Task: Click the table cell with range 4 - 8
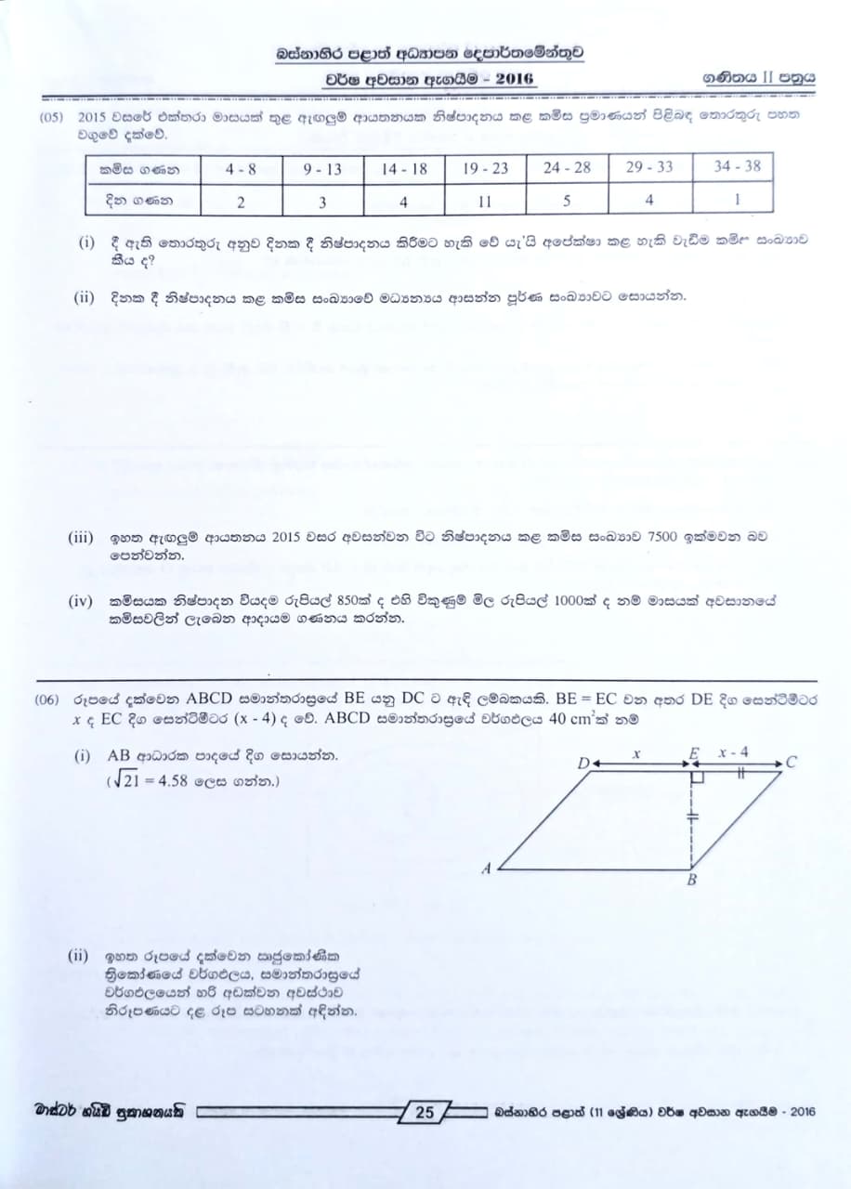pos(241,169)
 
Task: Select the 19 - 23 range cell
pos(485,169)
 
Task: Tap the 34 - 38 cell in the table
pos(737,167)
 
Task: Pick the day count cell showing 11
pos(485,200)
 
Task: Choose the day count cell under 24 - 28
pos(566,200)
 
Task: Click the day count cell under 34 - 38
pos(737,198)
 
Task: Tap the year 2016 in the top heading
pos(515,79)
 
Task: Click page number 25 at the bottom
pos(425,1112)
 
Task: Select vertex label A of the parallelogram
pos(486,869)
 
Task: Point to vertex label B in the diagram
pos(691,881)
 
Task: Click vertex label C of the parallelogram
pos(791,763)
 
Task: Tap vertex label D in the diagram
pos(583,764)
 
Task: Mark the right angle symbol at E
pos(698,777)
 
